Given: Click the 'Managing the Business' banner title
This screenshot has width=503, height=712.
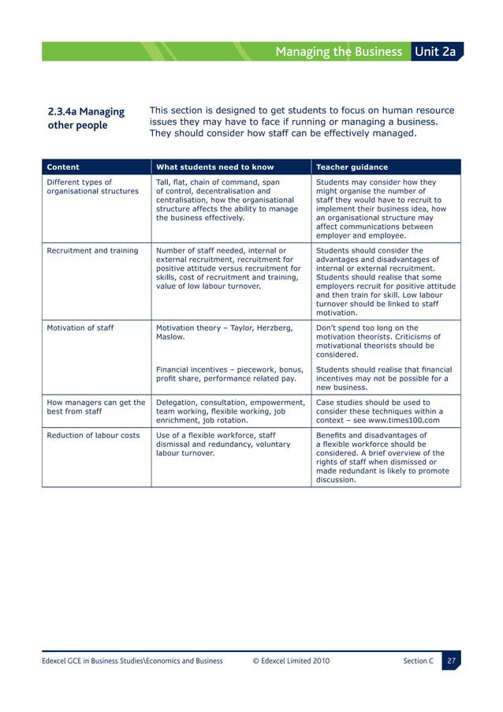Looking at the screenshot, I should (338, 52).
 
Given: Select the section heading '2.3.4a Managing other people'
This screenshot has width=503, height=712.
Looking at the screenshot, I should (86, 118).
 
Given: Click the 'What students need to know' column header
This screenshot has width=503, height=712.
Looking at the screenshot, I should (214, 167).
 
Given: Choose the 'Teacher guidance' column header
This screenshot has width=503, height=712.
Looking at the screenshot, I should (351, 167).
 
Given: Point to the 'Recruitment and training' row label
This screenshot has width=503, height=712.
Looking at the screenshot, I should (92, 251).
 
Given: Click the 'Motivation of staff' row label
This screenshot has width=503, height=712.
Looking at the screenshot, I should (81, 328).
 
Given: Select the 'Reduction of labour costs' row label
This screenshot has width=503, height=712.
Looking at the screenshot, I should (93, 435).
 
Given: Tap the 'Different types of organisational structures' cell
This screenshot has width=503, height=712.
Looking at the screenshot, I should (92, 186).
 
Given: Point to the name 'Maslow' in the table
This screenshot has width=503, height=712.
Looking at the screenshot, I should (170, 337).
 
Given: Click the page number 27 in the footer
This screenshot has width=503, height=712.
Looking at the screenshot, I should (451, 661).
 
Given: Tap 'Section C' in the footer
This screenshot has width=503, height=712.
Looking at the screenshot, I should (417, 661).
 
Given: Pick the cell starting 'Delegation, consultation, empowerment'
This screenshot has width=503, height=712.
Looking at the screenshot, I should (230, 410).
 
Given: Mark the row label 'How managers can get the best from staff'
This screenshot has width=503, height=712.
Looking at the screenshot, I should (95, 407).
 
